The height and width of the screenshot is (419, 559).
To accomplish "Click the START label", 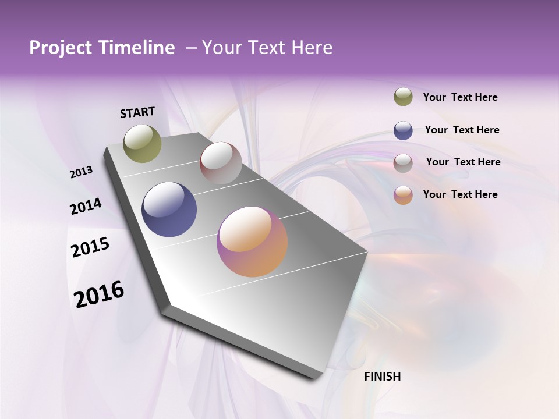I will (137, 112).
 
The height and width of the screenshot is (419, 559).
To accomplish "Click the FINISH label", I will (383, 377).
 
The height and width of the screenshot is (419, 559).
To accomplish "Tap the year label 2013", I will (82, 172).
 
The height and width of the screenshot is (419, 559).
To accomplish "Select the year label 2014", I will (86, 207).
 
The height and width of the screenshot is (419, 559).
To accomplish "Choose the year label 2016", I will (99, 294).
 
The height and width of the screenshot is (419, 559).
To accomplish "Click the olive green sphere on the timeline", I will (142, 143).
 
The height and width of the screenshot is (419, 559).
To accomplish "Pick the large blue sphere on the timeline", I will (169, 210).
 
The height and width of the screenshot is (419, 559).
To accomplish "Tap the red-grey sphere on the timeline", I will (221, 163).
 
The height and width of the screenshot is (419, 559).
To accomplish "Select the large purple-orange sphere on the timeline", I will (252, 242).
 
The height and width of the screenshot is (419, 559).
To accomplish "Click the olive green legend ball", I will (403, 97).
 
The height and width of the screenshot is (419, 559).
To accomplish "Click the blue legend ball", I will (403, 130).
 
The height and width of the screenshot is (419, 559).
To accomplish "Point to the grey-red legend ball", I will (403, 163).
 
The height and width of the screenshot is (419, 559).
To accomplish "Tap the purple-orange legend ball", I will (403, 195).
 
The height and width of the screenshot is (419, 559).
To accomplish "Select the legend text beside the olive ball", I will (460, 97).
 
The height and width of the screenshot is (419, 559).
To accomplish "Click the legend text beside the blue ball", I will (462, 130).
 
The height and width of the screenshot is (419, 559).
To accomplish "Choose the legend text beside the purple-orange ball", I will (460, 194).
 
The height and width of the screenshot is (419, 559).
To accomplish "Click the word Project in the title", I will (61, 48).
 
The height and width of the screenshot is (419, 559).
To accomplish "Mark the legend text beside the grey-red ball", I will (463, 162).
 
